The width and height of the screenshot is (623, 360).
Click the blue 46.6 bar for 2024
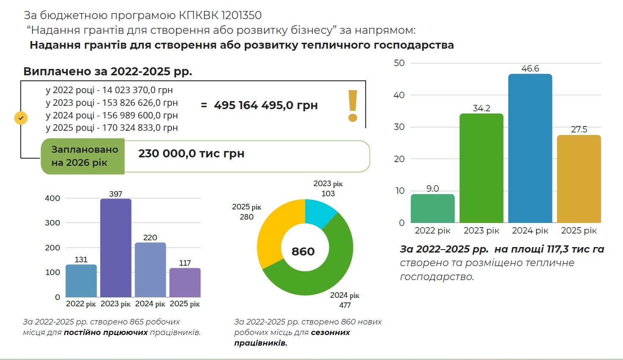530,148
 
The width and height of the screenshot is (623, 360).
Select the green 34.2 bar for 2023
481,168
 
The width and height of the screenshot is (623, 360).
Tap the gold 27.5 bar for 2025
579,179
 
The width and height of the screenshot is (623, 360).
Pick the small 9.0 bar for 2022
433,208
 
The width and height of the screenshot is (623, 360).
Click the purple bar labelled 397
116,247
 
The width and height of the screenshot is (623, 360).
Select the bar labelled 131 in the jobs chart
81,280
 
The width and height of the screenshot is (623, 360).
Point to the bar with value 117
185,282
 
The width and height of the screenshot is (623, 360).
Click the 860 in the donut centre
303,252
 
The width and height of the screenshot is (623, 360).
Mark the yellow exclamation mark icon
353,106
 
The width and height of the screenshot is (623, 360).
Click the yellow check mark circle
21,118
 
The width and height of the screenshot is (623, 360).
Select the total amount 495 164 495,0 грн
265,105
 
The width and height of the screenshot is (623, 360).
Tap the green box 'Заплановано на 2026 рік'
83,156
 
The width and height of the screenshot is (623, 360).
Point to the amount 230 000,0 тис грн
191,154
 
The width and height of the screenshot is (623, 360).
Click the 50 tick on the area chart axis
399,63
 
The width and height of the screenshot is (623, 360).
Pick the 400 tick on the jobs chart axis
52,198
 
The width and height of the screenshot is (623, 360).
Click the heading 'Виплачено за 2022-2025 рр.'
108,71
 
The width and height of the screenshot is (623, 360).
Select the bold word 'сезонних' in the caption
330,333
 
